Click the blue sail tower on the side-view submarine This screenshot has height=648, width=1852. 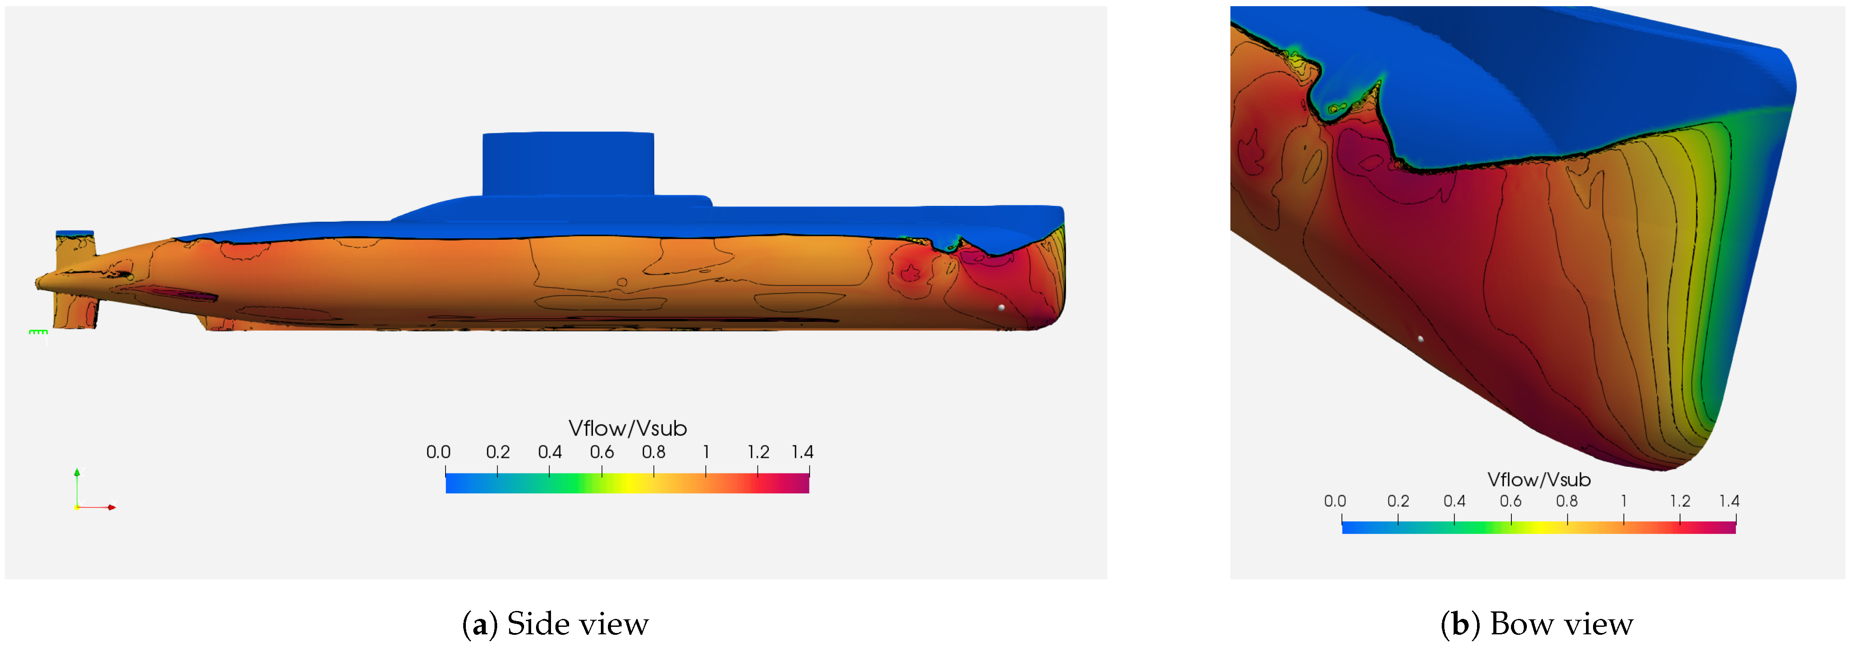click(568, 164)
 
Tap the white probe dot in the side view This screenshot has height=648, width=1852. click(1001, 308)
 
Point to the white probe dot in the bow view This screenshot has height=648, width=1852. click(1420, 339)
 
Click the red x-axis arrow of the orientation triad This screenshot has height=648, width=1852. click(108, 507)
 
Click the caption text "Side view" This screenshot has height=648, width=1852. click(577, 624)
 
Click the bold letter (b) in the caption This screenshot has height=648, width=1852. click(1459, 624)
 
